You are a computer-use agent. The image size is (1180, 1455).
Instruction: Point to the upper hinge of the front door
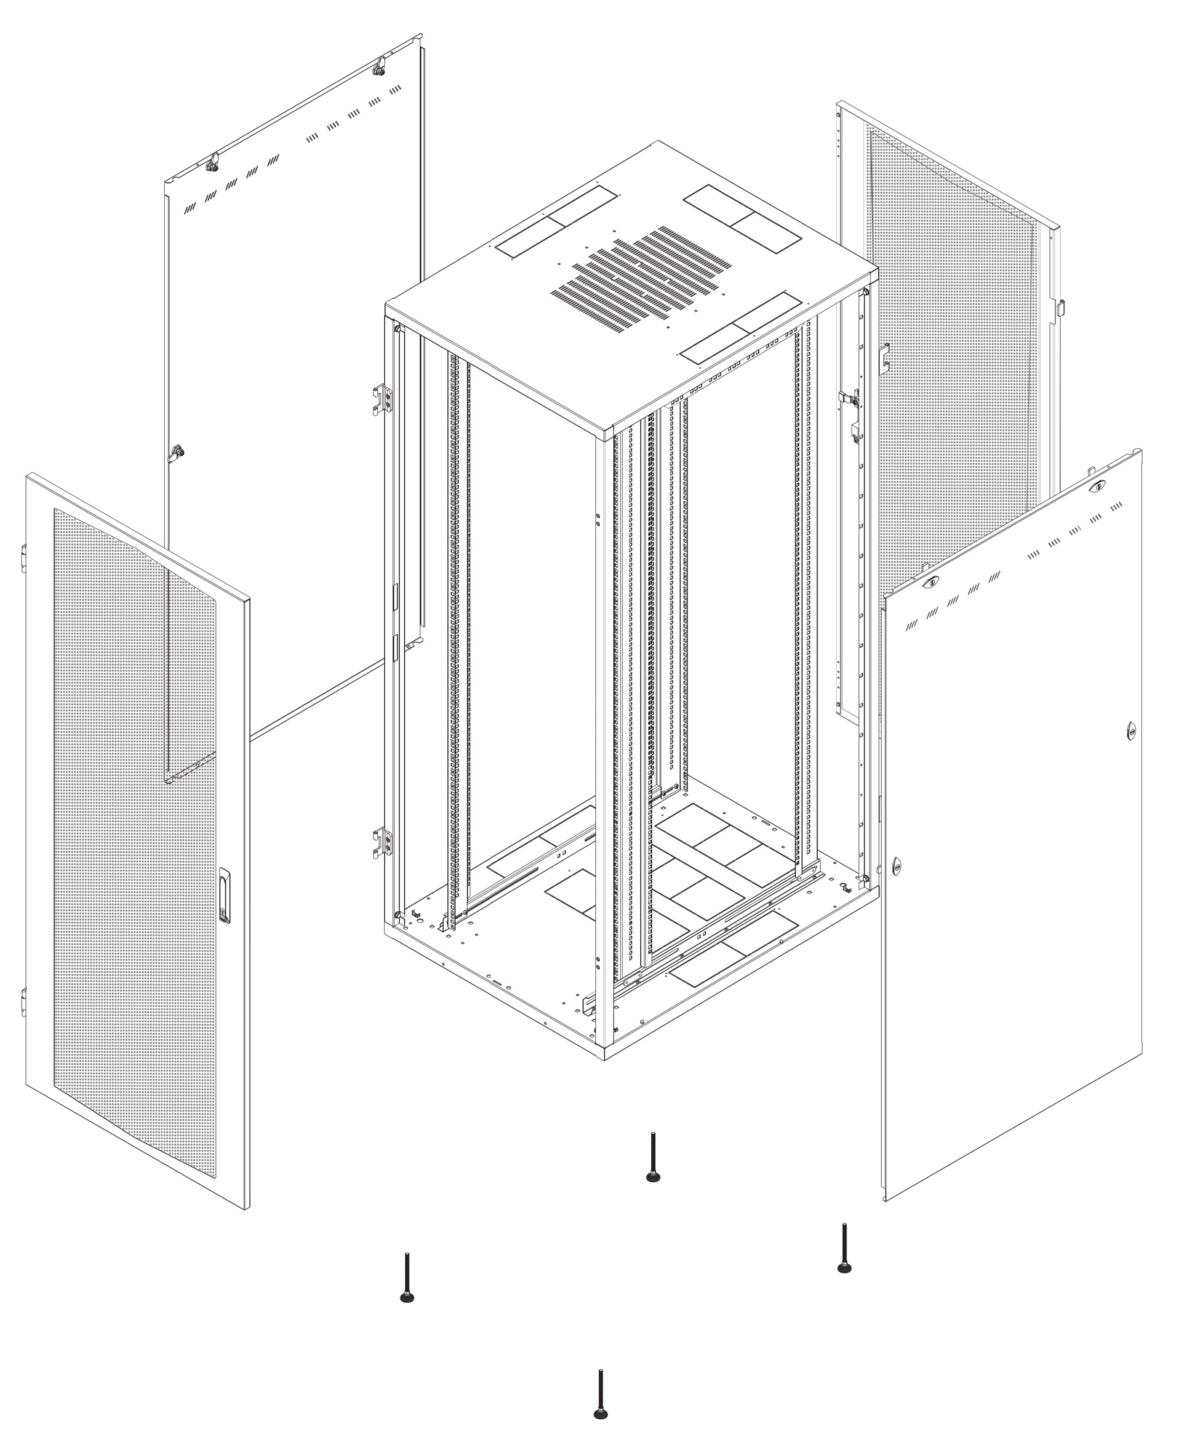(24, 558)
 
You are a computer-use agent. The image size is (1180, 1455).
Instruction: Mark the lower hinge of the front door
(24, 1001)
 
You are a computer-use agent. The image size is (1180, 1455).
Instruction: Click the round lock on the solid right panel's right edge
(1131, 731)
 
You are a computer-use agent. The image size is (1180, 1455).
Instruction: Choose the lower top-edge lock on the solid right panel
(932, 582)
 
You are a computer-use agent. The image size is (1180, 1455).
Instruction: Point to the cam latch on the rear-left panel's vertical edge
(177, 451)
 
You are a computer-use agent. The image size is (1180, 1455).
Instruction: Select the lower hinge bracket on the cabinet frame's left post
(382, 843)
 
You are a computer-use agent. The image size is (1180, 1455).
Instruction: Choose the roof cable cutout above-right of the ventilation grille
(741, 219)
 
